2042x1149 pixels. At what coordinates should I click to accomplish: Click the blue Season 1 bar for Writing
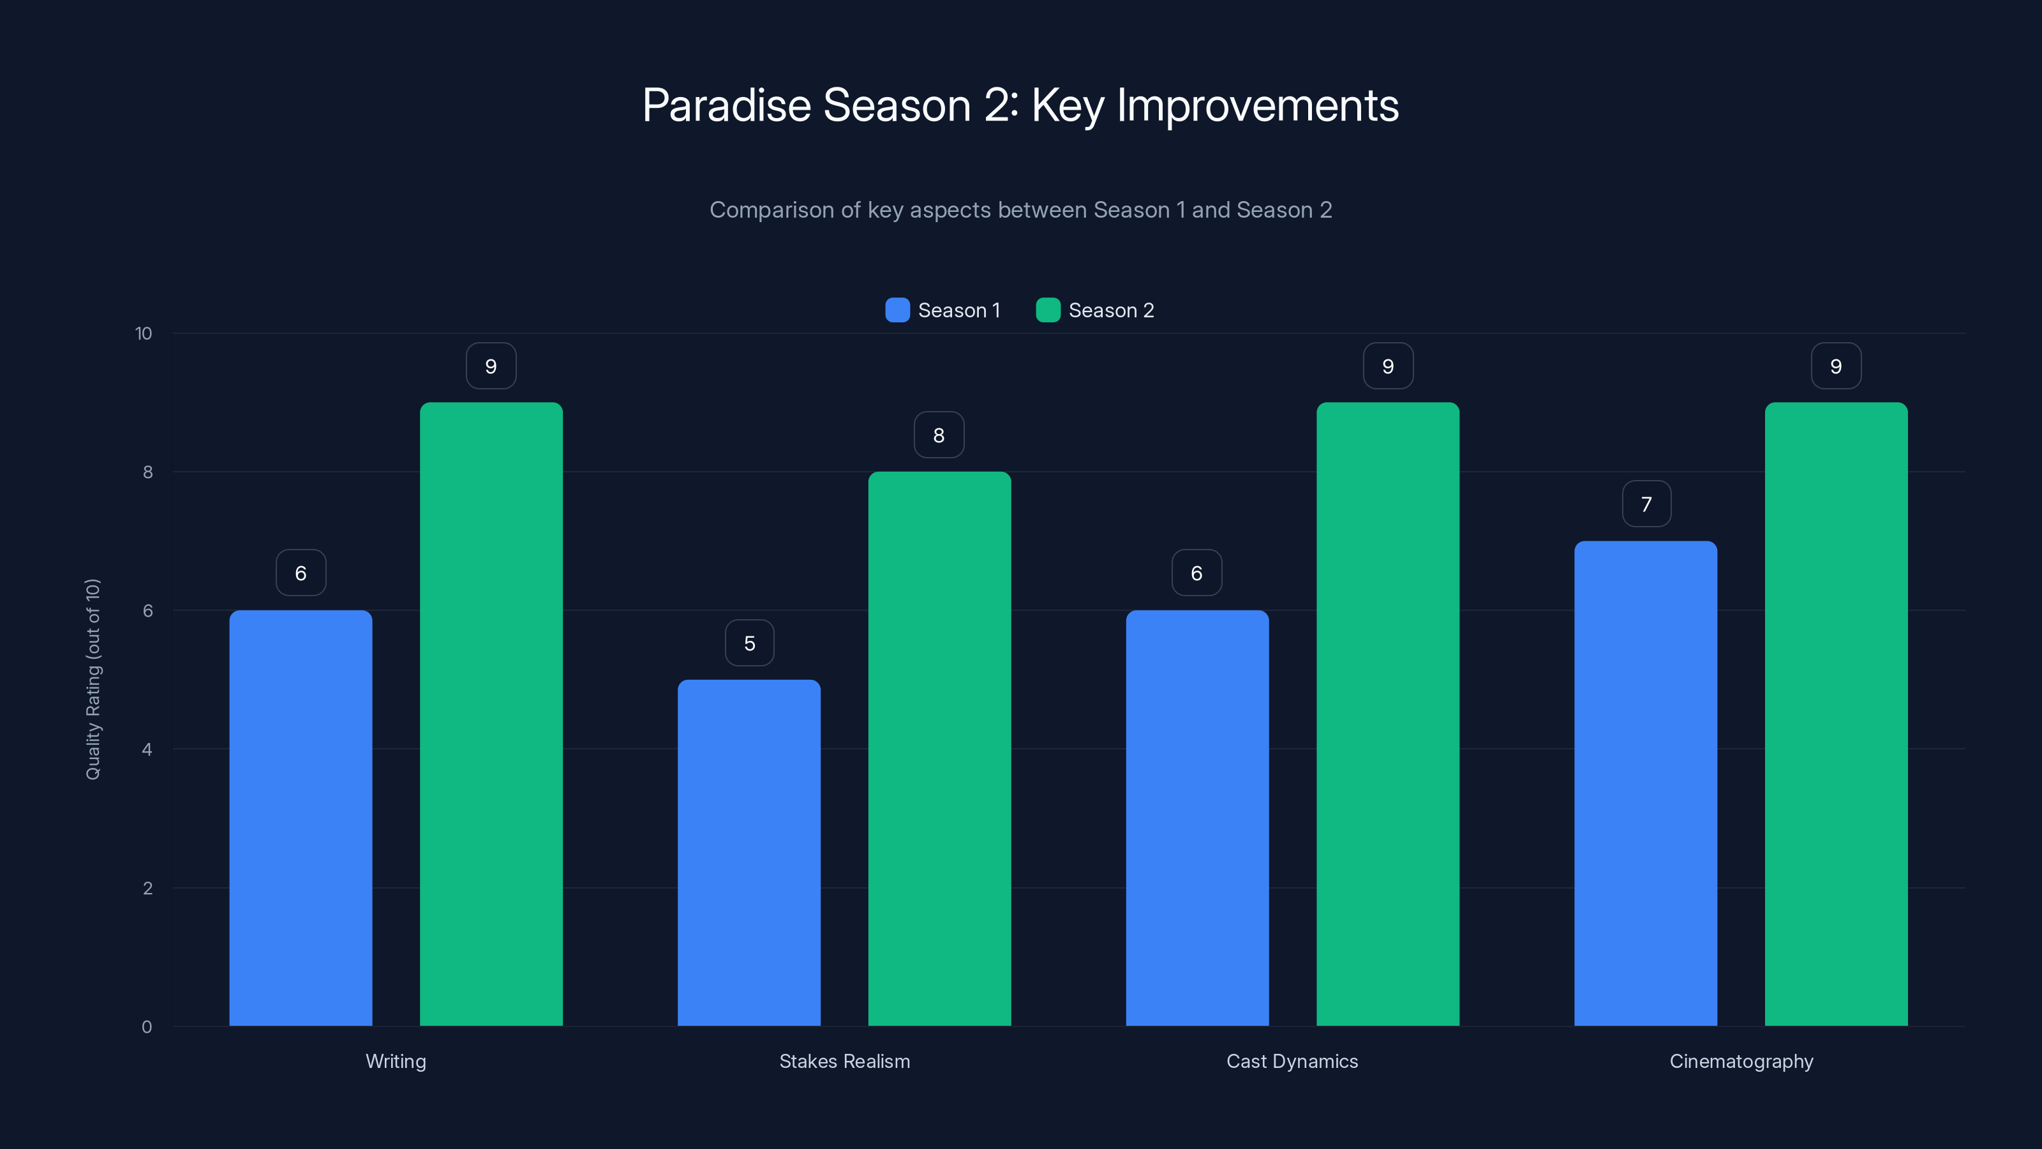tap(301, 817)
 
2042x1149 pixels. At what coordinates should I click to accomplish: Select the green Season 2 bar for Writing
tap(491, 714)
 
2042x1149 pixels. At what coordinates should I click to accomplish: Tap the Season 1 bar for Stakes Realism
tap(749, 852)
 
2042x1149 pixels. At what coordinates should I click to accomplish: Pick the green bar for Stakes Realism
tap(939, 749)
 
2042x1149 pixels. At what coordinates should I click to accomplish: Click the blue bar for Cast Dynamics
tap(1197, 817)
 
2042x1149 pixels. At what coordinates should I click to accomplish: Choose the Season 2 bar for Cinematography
tap(1836, 714)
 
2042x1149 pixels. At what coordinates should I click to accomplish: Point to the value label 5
tap(749, 643)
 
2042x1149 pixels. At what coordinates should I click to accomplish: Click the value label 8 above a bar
tap(939, 435)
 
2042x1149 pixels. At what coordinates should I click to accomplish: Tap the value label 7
tap(1646, 504)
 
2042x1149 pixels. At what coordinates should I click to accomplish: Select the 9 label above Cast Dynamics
tap(1387, 366)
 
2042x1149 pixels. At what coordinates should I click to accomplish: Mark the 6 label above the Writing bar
tap(301, 573)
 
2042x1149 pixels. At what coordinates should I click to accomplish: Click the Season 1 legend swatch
tap(897, 310)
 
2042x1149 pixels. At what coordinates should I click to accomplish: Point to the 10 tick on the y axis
tap(144, 334)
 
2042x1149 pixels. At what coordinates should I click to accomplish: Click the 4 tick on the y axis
tap(147, 749)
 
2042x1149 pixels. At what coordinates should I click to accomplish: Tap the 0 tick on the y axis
tap(147, 1027)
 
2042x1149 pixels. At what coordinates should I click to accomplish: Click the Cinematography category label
tap(1741, 1061)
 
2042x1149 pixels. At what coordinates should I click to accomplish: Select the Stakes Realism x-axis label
tap(844, 1061)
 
